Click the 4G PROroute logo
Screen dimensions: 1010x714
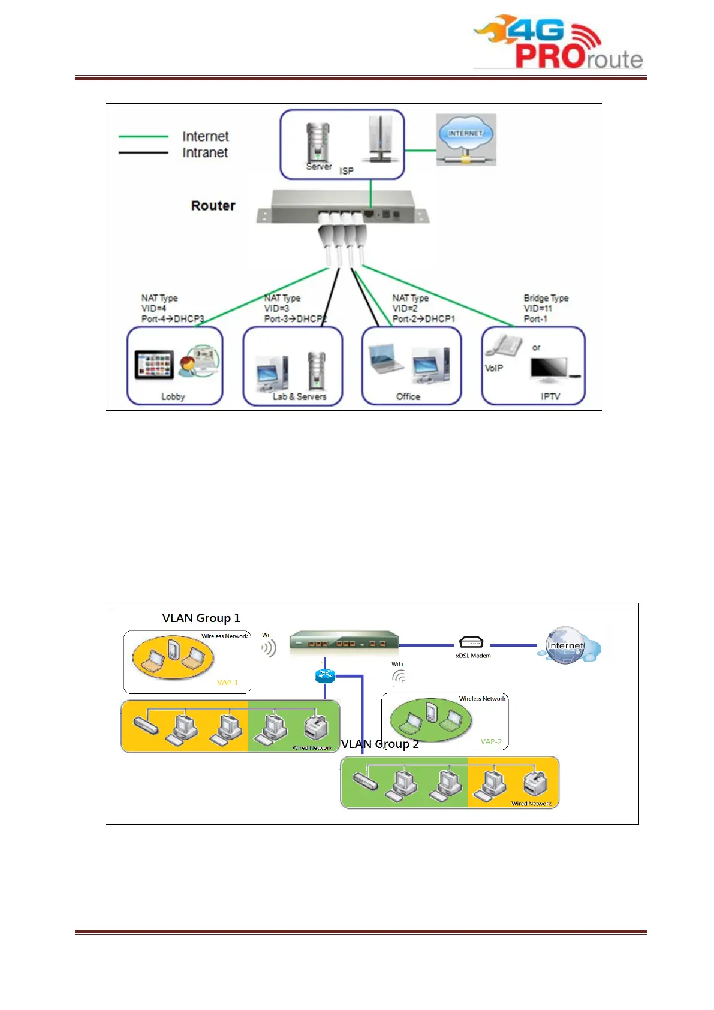(x=558, y=42)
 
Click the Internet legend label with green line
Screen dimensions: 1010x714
(x=205, y=137)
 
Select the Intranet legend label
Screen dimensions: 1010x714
(x=205, y=153)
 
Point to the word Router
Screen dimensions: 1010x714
(x=213, y=206)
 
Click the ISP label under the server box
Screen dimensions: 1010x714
(x=347, y=171)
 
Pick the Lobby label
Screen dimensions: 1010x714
(x=173, y=396)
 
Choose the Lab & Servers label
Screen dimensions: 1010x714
(x=299, y=396)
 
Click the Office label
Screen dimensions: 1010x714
(x=408, y=396)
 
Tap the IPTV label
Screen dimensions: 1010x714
(x=550, y=396)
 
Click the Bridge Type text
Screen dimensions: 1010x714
(x=546, y=298)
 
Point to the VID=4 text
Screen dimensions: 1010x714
(x=153, y=308)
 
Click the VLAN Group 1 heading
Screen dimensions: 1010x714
(x=201, y=618)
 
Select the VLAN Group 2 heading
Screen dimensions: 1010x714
(x=379, y=744)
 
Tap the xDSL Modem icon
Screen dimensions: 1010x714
(x=471, y=642)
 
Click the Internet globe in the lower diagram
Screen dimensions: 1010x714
(x=566, y=645)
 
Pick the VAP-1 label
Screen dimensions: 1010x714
(x=227, y=683)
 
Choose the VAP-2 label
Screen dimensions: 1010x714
(x=491, y=742)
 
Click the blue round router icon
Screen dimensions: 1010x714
(x=325, y=676)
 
